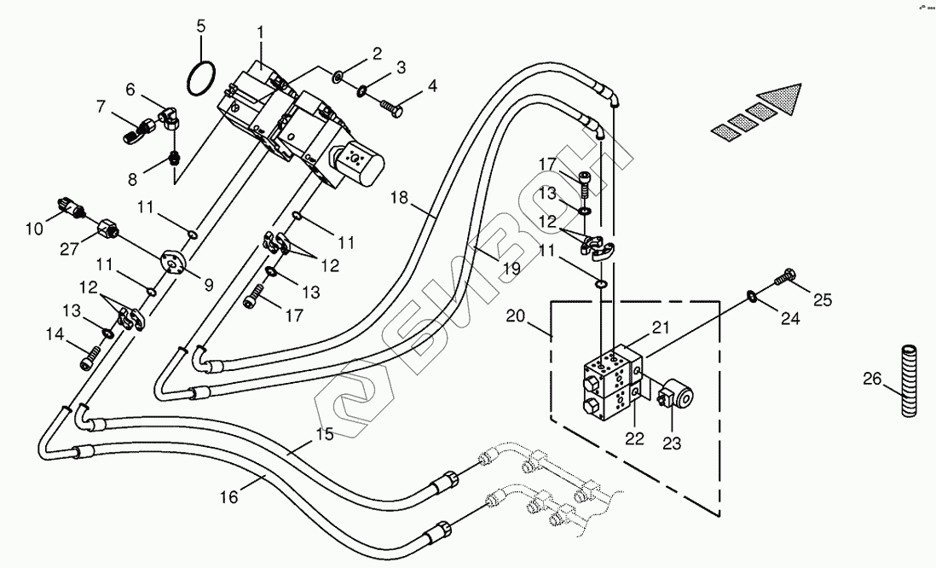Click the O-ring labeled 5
(200, 78)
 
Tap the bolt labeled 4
(390, 107)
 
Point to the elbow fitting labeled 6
(167, 113)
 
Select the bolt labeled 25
(785, 278)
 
